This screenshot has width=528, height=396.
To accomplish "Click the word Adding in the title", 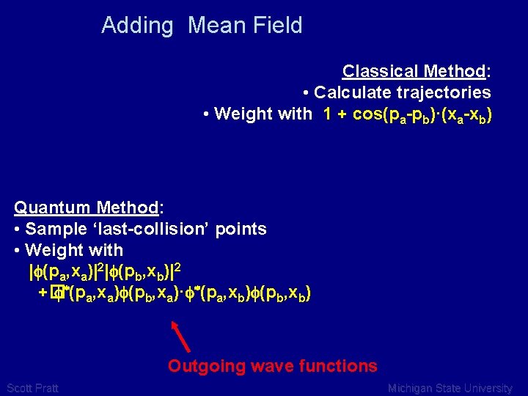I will (137, 26).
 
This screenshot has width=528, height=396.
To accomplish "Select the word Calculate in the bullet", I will (351, 92).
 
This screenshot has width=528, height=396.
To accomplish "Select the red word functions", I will (337, 366).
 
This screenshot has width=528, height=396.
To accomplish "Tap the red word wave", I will (272, 366).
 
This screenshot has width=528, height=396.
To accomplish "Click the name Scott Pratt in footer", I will (32, 388).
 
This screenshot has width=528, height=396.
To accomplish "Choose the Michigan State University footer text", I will (450, 388).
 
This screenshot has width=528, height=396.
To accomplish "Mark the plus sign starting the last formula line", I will (43, 294).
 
